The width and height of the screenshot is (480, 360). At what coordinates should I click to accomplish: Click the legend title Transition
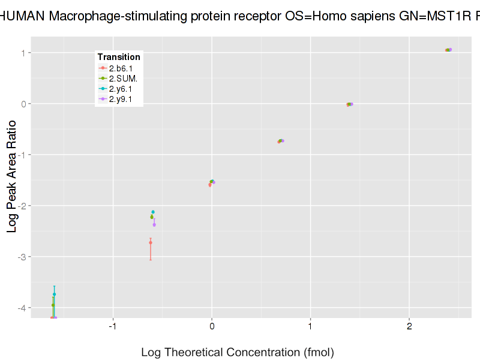coord(119,57)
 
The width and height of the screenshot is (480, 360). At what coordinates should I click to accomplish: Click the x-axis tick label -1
coord(112,327)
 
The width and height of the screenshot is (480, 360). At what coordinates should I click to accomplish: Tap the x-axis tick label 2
coord(409,327)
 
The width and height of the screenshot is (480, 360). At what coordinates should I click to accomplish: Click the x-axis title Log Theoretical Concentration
coord(237,352)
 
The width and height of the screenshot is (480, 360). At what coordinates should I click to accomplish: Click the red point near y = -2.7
coord(151,242)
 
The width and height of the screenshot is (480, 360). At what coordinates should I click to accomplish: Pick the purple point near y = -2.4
coord(154,225)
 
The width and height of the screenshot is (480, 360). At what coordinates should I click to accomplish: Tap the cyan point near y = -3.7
coord(54,295)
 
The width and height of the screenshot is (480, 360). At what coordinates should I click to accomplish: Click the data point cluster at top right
coord(448,50)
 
